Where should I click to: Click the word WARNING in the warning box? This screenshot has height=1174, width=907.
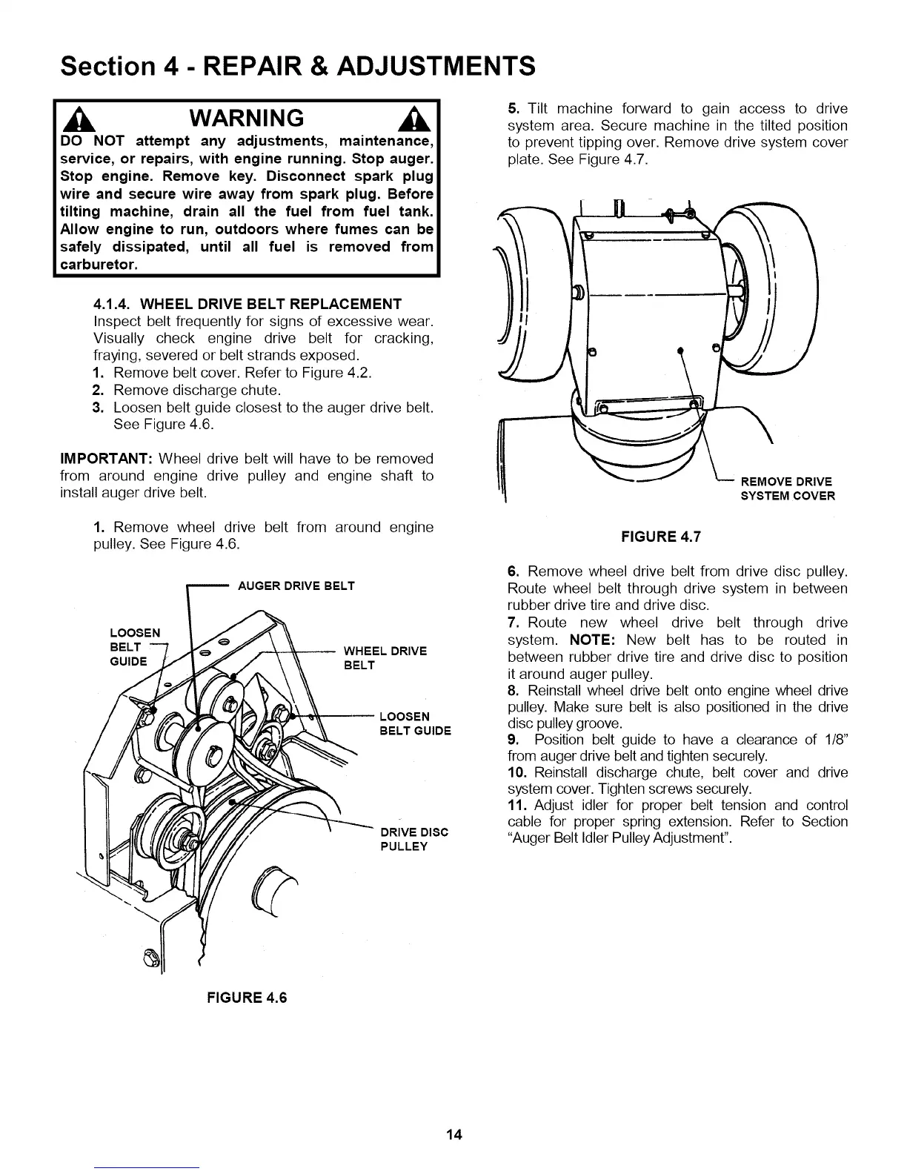coord(247,118)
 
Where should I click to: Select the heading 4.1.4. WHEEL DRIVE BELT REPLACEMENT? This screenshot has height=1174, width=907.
coord(247,304)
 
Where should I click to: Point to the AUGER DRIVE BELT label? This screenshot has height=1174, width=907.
coord(296,586)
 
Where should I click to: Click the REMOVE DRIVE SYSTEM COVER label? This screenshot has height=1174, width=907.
coord(787,489)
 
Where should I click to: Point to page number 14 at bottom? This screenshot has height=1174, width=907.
coord(453,1135)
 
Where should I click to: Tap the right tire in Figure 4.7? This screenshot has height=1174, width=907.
coord(771,289)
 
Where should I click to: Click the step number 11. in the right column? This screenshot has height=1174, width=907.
coord(516,805)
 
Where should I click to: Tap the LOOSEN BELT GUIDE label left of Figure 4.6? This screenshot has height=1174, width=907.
coord(133,647)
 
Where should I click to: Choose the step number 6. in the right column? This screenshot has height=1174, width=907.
coord(513,571)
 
